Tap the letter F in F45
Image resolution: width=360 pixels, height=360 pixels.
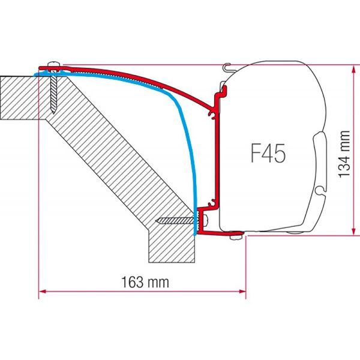pos(254,153)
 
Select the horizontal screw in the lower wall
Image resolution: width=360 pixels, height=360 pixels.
pos(177,221)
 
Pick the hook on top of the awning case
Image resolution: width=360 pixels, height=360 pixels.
pos(226,68)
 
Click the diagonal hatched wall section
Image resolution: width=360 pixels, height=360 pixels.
pos(120,150)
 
